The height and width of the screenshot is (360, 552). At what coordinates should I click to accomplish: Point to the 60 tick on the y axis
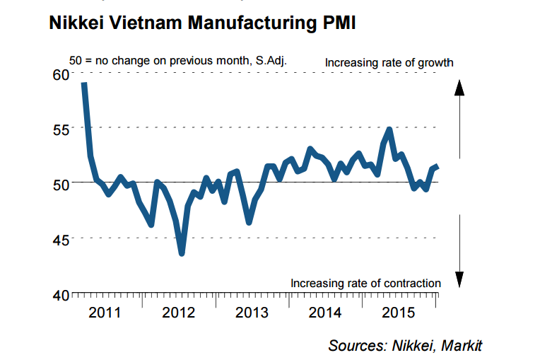[60, 74]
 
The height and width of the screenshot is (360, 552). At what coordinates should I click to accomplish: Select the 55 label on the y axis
[60, 128]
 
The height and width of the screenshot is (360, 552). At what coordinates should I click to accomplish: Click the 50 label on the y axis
[60, 183]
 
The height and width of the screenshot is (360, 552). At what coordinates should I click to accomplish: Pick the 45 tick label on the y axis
[60, 238]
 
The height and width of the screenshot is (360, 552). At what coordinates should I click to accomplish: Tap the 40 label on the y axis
[60, 294]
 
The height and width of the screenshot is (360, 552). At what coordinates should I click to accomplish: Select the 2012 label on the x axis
[179, 313]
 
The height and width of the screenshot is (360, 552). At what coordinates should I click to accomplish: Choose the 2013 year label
[252, 313]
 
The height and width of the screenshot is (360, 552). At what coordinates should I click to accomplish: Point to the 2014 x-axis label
[326, 313]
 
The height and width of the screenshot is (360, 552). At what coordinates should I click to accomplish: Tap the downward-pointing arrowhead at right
[458, 279]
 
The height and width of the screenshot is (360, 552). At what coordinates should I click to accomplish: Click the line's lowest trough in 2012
[182, 252]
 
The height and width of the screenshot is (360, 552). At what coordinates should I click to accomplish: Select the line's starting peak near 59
[84, 84]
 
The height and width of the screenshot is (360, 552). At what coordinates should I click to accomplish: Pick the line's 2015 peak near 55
[389, 130]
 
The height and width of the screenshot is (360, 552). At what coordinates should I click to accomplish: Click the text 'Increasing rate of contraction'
[365, 284]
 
